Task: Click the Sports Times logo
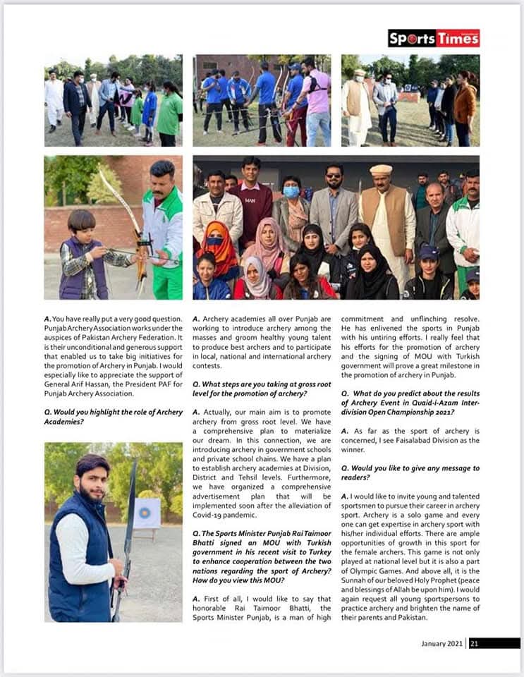tap(434, 38)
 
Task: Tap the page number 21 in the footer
tap(475, 643)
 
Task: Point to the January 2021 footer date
tap(442, 643)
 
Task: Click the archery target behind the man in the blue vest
tap(146, 513)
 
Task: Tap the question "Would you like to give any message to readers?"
tap(410, 472)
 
